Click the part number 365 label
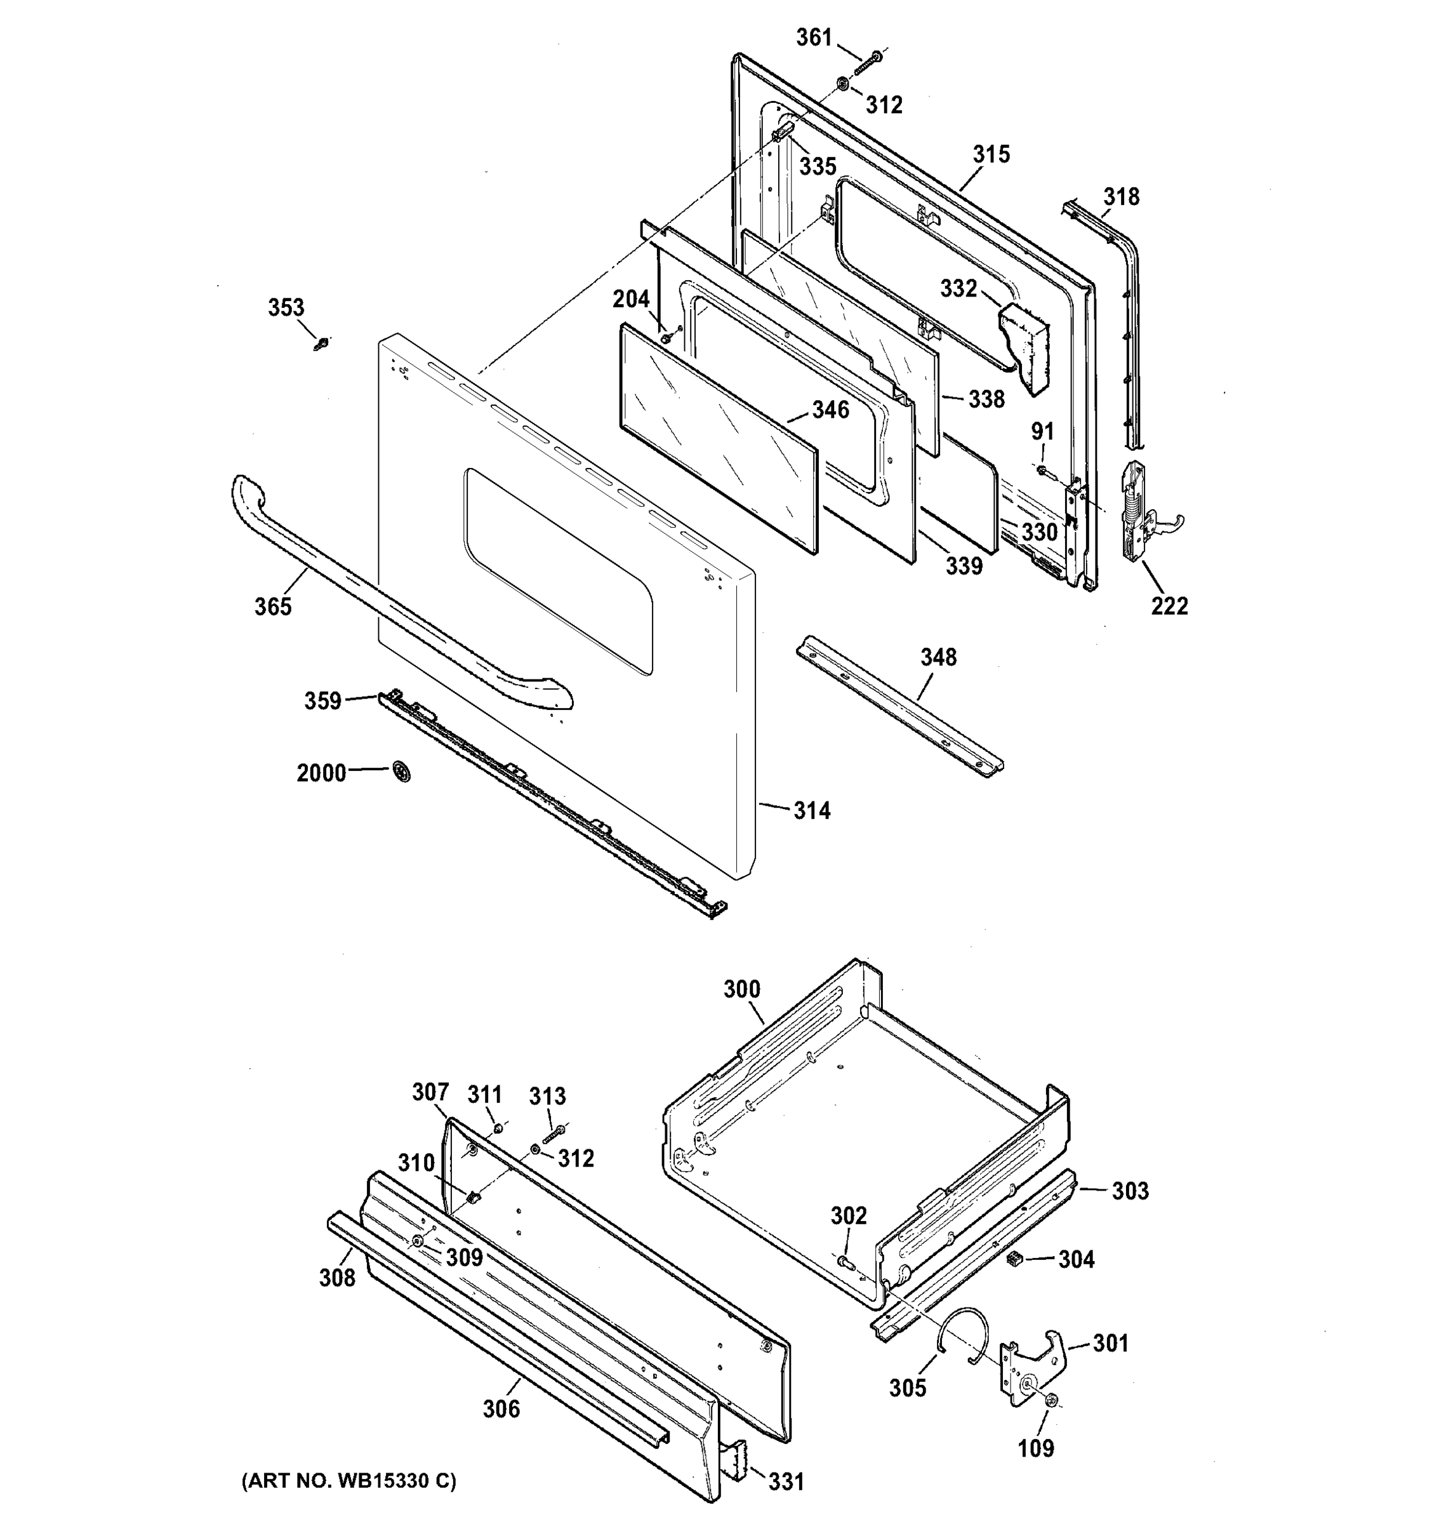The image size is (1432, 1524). pyautogui.click(x=273, y=606)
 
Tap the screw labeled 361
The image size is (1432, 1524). pyautogui.click(x=869, y=62)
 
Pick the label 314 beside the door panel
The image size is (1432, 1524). pyautogui.click(x=811, y=810)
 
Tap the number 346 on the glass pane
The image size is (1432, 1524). pyautogui.click(x=830, y=410)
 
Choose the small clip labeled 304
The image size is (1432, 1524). pyautogui.click(x=1014, y=1258)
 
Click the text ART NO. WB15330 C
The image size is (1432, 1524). pyautogui.click(x=348, y=1481)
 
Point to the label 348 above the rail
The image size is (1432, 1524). pyautogui.click(x=939, y=657)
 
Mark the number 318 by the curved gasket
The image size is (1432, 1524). pyautogui.click(x=1121, y=197)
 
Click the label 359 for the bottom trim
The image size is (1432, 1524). pyautogui.click(x=322, y=700)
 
